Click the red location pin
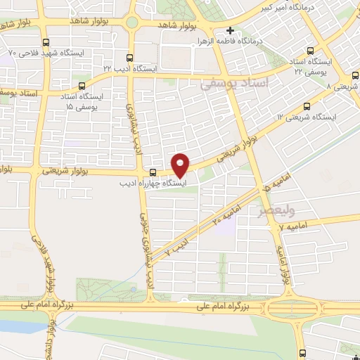coord(181,165)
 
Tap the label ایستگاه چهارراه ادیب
coord(153,183)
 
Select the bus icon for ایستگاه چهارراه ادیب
coord(153,172)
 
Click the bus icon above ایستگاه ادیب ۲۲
coord(129,58)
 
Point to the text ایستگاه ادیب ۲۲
coord(128,68)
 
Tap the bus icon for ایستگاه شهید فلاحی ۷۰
coord(46,42)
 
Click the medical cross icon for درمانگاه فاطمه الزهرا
coord(231,30)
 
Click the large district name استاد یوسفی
coord(234,83)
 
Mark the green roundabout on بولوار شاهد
coord(132,22)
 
